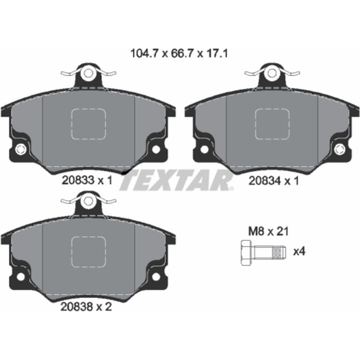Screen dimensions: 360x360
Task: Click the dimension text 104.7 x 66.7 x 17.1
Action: pyautogui.click(x=179, y=53)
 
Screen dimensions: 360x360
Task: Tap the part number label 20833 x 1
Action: pyautogui.click(x=87, y=180)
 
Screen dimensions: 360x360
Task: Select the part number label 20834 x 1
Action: pyautogui.click(x=274, y=181)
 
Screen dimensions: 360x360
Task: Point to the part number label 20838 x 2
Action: pyautogui.click(x=86, y=307)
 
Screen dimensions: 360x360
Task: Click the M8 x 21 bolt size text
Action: pyautogui.click(x=268, y=231)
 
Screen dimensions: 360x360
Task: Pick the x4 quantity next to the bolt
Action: pyautogui.click(x=300, y=251)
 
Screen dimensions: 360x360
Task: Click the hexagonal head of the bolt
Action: pyautogui.click(x=247, y=253)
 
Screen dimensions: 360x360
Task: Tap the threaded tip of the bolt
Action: pyautogui.click(x=278, y=253)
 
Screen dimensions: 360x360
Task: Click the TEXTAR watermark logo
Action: pyautogui.click(x=176, y=181)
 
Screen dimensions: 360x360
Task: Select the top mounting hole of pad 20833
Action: pyautogui.click(x=88, y=73)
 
